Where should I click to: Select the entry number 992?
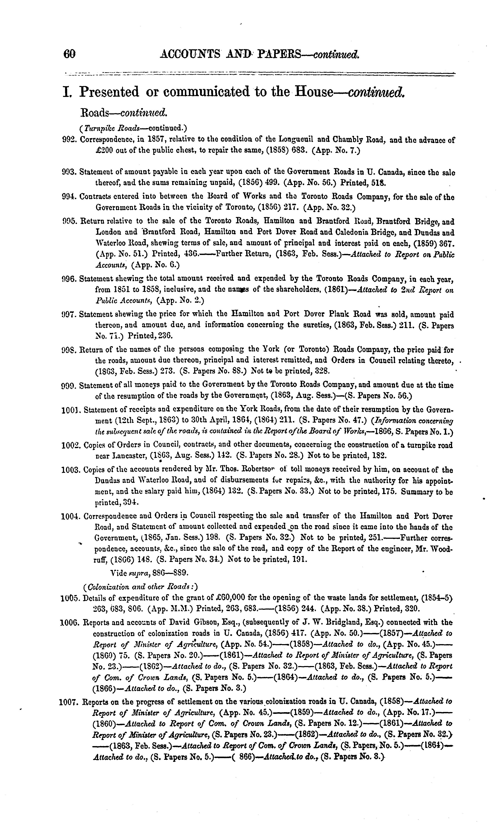70,140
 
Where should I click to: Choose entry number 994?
70,197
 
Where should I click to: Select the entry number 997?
70,314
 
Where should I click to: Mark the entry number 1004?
70,516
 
